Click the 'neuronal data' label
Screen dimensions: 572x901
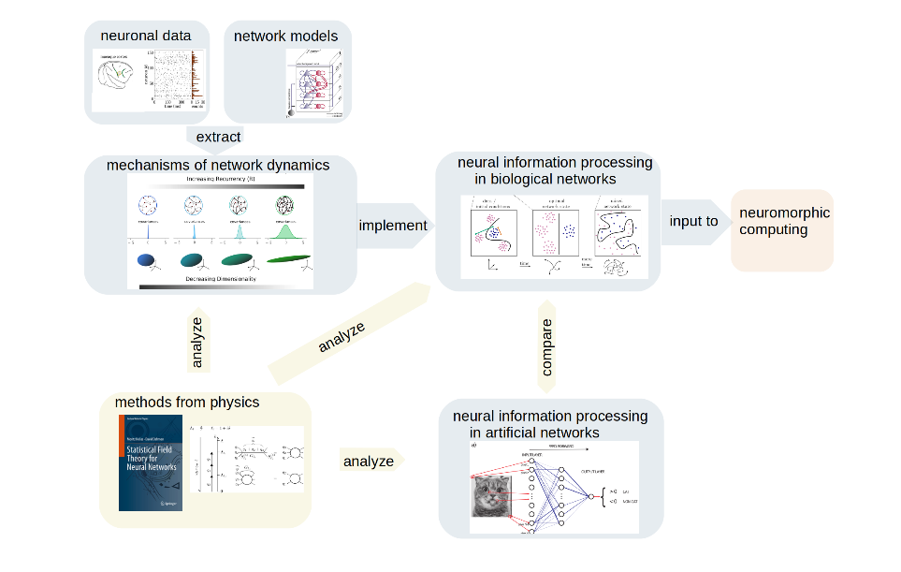click(145, 37)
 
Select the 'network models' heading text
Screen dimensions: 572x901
click(287, 37)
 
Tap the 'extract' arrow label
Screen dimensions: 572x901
click(218, 137)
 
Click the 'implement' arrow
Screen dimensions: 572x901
click(393, 225)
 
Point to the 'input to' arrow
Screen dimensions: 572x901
click(693, 222)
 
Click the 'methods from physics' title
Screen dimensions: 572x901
click(187, 403)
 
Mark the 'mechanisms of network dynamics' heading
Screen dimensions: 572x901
click(218, 166)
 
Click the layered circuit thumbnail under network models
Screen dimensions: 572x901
click(315, 84)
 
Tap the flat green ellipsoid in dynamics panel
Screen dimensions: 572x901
click(288, 259)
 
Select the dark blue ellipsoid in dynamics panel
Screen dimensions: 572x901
click(148, 259)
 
